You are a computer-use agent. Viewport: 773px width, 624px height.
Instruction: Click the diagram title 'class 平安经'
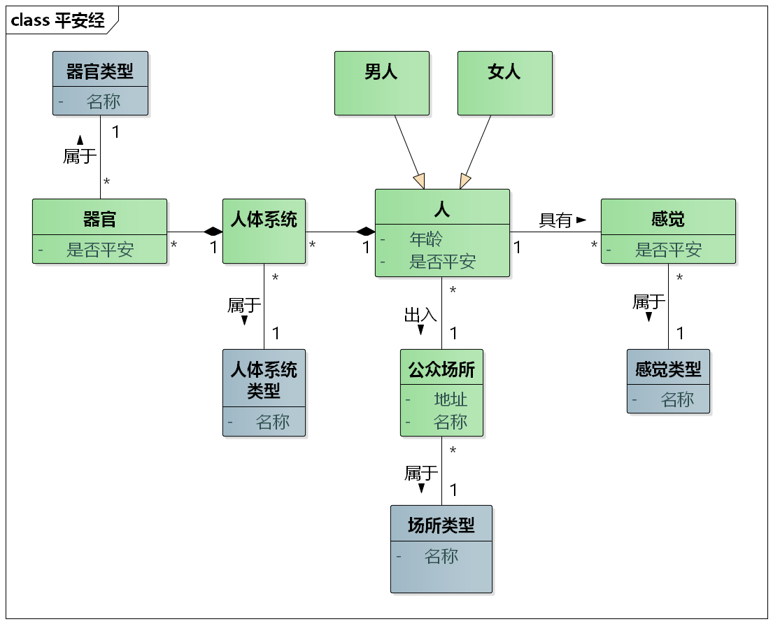click(x=58, y=20)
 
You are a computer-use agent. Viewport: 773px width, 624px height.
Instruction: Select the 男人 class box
click(x=381, y=83)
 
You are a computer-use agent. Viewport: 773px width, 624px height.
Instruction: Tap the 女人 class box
click(x=504, y=83)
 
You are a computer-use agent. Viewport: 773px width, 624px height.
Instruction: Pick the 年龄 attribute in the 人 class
click(x=425, y=239)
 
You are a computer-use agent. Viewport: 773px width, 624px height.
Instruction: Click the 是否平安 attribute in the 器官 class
click(x=99, y=250)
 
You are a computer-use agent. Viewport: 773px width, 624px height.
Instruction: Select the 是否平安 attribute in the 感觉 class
click(x=668, y=250)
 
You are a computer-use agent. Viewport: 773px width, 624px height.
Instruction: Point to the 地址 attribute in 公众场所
click(x=450, y=399)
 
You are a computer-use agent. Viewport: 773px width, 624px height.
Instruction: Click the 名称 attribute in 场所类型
click(x=441, y=556)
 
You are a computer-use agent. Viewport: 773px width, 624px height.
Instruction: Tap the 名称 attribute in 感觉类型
click(x=677, y=399)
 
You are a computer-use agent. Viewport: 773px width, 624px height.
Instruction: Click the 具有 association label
click(x=555, y=220)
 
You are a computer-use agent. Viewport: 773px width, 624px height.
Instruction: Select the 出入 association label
click(x=420, y=315)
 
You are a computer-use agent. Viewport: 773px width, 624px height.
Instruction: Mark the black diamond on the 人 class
click(x=365, y=232)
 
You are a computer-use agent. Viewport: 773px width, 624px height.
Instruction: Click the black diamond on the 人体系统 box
click(x=213, y=232)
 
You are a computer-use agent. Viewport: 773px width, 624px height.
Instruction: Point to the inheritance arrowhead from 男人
click(x=419, y=181)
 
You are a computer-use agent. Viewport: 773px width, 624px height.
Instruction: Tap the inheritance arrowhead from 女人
click(x=465, y=181)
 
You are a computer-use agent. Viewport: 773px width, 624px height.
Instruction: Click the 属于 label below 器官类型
click(x=80, y=156)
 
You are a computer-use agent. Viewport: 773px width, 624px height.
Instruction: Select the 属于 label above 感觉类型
click(x=648, y=302)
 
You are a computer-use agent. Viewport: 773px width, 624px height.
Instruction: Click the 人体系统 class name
click(x=264, y=220)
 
